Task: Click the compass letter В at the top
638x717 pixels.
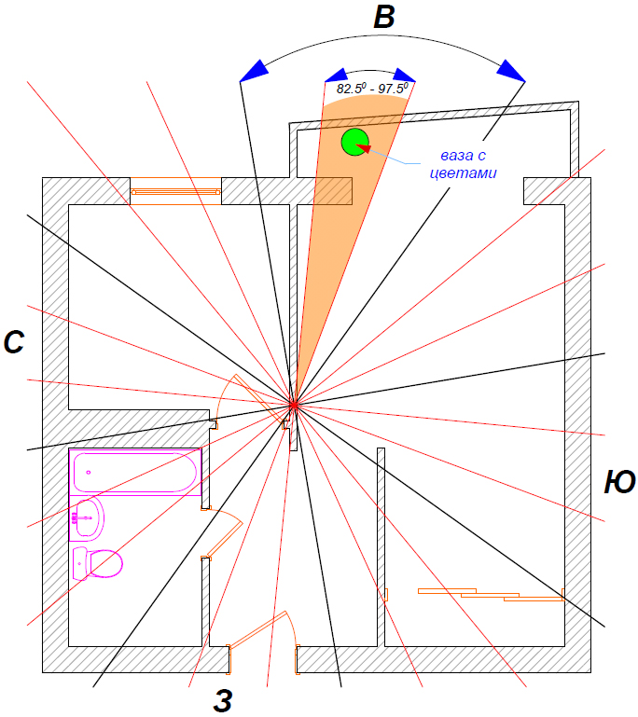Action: (x=383, y=19)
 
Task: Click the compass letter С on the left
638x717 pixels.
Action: (x=14, y=343)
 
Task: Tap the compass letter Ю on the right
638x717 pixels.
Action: (x=619, y=482)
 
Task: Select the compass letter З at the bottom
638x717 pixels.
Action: (x=222, y=701)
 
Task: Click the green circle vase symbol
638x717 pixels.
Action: (x=354, y=142)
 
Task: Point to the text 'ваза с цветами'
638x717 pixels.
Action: (x=464, y=164)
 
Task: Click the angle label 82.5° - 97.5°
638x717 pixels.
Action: (x=372, y=89)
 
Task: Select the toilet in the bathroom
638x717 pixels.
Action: (x=98, y=563)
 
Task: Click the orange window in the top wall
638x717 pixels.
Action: (x=175, y=190)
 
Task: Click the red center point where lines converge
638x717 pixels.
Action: (x=293, y=405)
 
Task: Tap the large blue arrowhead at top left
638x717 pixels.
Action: (x=252, y=71)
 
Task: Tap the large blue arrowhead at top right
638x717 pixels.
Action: (x=510, y=70)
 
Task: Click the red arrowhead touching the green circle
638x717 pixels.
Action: (x=364, y=147)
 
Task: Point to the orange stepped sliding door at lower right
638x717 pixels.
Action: (x=490, y=594)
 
